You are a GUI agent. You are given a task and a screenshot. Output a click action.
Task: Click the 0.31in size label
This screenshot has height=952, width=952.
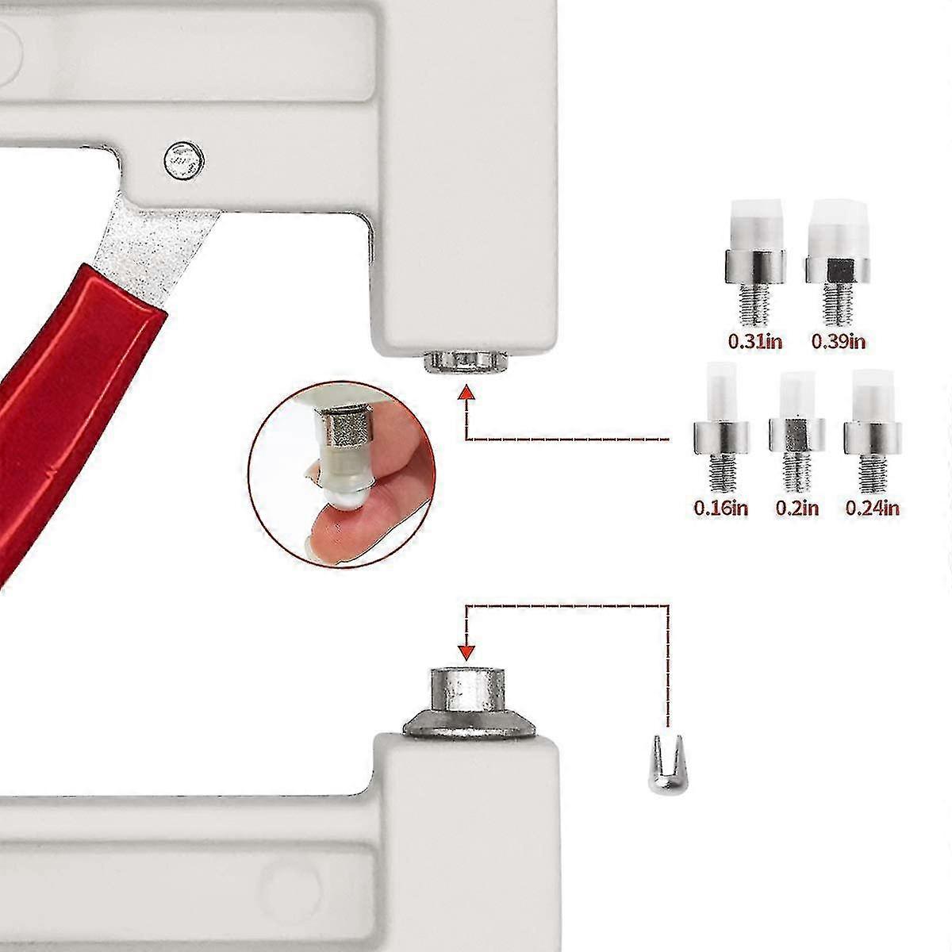coord(755,341)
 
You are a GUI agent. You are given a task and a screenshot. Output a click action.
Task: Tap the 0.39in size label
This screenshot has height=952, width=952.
coord(839,341)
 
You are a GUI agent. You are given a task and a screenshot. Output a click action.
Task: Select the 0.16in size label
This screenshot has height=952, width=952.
coord(721,508)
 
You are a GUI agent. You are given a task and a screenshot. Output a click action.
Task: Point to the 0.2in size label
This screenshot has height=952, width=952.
coord(797,508)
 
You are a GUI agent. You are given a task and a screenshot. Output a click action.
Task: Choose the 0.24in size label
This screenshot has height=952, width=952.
coord(873,508)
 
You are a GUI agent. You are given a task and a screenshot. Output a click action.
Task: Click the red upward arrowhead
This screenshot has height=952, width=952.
coord(466,393)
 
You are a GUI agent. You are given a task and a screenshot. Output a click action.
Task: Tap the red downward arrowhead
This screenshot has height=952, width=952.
coord(466,653)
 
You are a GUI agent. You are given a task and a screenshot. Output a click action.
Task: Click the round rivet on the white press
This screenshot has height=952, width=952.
coord(184,160)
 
